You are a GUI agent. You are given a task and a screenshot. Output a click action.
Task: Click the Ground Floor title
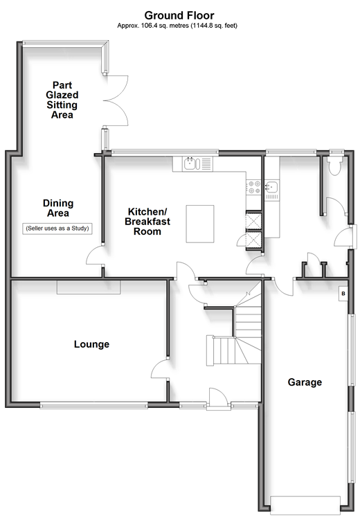[x=179, y=15]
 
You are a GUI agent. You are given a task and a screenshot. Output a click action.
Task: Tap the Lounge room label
[x=91, y=344]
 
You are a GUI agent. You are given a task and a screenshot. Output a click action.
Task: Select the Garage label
[x=305, y=382]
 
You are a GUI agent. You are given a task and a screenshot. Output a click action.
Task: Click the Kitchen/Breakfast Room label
[x=147, y=222]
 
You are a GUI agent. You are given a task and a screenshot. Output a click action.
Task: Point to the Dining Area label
[x=58, y=208]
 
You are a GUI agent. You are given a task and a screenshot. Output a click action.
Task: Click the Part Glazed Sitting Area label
[x=62, y=100]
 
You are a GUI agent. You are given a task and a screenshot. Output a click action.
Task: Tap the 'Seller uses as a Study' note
[x=57, y=229]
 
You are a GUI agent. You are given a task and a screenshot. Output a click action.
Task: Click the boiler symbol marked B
[x=343, y=294]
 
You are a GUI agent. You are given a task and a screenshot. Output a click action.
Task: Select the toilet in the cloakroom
[x=335, y=166]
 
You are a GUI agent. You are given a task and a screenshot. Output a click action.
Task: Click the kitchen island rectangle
[x=200, y=224]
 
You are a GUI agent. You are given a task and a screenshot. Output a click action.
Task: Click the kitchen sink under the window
[x=192, y=164]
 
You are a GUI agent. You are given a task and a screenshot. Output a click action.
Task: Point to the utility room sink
[x=272, y=187]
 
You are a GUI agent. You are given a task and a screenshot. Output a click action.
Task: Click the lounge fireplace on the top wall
[x=89, y=287]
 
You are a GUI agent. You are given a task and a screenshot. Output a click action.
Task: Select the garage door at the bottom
[x=305, y=505]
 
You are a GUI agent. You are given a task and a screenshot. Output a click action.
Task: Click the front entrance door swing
[x=218, y=399]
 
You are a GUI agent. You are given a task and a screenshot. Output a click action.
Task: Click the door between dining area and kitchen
[x=95, y=256]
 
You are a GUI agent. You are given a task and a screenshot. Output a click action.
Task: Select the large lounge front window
[x=93, y=404]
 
